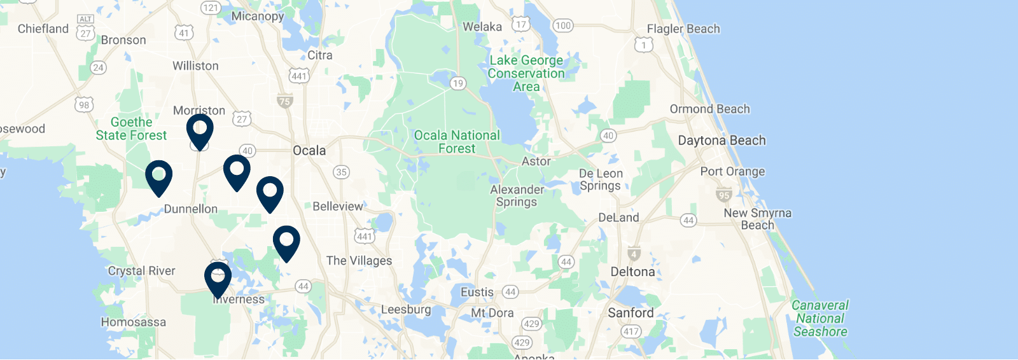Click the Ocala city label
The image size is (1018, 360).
309,151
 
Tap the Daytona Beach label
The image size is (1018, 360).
722,141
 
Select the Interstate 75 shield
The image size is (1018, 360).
284,101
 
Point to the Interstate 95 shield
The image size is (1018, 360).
723,195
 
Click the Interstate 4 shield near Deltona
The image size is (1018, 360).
634,254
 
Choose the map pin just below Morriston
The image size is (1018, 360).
200,131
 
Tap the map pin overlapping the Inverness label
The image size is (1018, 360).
218,279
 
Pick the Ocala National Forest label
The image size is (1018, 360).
457,142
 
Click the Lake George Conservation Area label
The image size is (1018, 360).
526,73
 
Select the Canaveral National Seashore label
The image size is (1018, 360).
820,318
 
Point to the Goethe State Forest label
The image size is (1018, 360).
131,128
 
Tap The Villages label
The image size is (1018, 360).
359,261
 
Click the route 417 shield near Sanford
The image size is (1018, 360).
631,331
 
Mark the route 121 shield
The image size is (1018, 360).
210,8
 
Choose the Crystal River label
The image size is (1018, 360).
141,271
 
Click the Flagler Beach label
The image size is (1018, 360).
683,29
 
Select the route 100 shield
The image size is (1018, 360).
562,25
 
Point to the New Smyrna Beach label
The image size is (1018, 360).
757,219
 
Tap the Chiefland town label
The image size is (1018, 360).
43,29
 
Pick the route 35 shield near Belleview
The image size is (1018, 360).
342,172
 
